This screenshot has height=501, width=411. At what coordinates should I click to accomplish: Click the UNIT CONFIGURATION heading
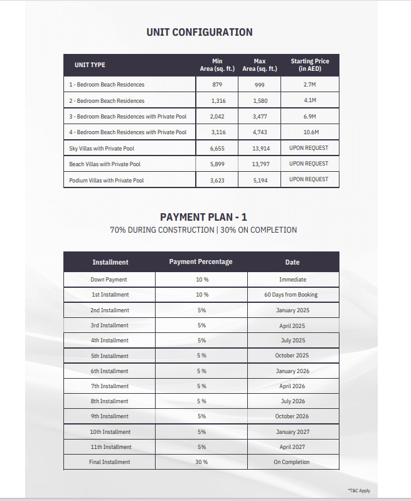tap(200, 32)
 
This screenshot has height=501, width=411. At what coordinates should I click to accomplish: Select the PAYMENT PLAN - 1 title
tap(203, 217)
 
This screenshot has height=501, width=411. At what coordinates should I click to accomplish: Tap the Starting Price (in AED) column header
tap(310, 65)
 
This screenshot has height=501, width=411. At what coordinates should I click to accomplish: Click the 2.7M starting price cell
tap(309, 84)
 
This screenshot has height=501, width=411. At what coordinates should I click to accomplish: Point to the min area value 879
tap(217, 85)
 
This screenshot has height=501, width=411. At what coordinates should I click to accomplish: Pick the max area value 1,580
tap(260, 101)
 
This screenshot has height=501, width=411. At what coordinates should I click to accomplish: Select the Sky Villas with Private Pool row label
tap(102, 149)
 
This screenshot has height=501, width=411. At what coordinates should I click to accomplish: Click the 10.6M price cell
tap(311, 132)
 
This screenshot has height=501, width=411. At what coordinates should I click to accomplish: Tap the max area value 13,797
tap(260, 164)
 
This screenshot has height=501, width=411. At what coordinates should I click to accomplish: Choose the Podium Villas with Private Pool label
tap(106, 181)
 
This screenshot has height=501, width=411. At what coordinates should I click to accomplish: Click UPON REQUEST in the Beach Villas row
tap(309, 164)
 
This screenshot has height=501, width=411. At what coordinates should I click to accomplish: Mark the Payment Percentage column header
tap(201, 261)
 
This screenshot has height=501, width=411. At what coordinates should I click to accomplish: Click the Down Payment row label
tap(109, 280)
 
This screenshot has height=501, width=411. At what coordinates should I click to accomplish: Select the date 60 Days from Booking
tap(291, 295)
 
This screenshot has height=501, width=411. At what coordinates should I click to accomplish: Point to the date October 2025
tap(292, 356)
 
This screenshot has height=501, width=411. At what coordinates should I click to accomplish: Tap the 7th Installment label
tap(110, 386)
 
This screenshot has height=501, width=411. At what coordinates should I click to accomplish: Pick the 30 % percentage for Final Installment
tap(201, 462)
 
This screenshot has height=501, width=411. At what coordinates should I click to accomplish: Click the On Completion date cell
tap(291, 462)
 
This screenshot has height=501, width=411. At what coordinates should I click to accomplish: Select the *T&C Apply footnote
tap(359, 490)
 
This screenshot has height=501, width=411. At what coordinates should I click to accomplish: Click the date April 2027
tap(292, 447)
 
